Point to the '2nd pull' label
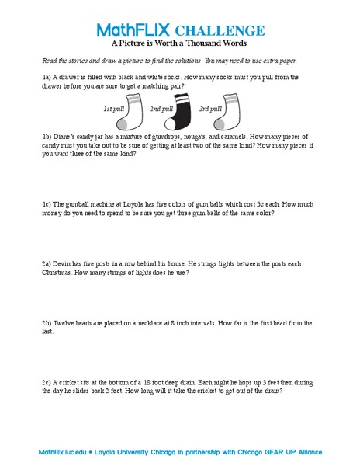tap(161, 109)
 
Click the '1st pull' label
tap(113, 109)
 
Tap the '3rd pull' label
tap(210, 109)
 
